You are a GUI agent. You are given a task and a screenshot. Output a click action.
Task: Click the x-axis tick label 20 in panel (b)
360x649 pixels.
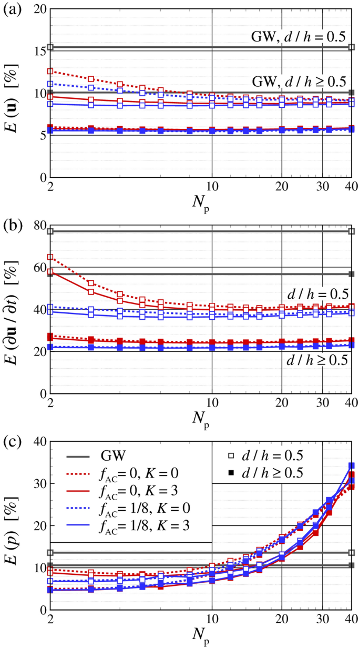click(x=282, y=405)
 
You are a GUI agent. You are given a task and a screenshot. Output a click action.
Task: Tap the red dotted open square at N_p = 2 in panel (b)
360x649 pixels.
click(x=50, y=257)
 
